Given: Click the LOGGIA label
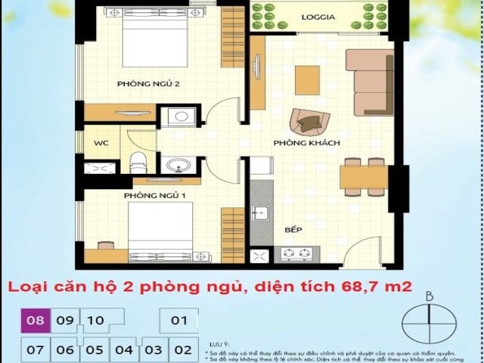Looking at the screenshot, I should (318, 17).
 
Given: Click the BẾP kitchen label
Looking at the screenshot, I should (293, 228).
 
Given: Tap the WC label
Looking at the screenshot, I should (101, 143).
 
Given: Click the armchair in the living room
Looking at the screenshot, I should (309, 121).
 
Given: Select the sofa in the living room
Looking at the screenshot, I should (370, 82).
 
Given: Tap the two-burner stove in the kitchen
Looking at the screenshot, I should (296, 254).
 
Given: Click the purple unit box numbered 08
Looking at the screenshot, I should (36, 321).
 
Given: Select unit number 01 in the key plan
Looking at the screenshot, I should (179, 321).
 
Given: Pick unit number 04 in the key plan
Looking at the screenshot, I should (124, 350).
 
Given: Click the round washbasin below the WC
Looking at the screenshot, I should (180, 166).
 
